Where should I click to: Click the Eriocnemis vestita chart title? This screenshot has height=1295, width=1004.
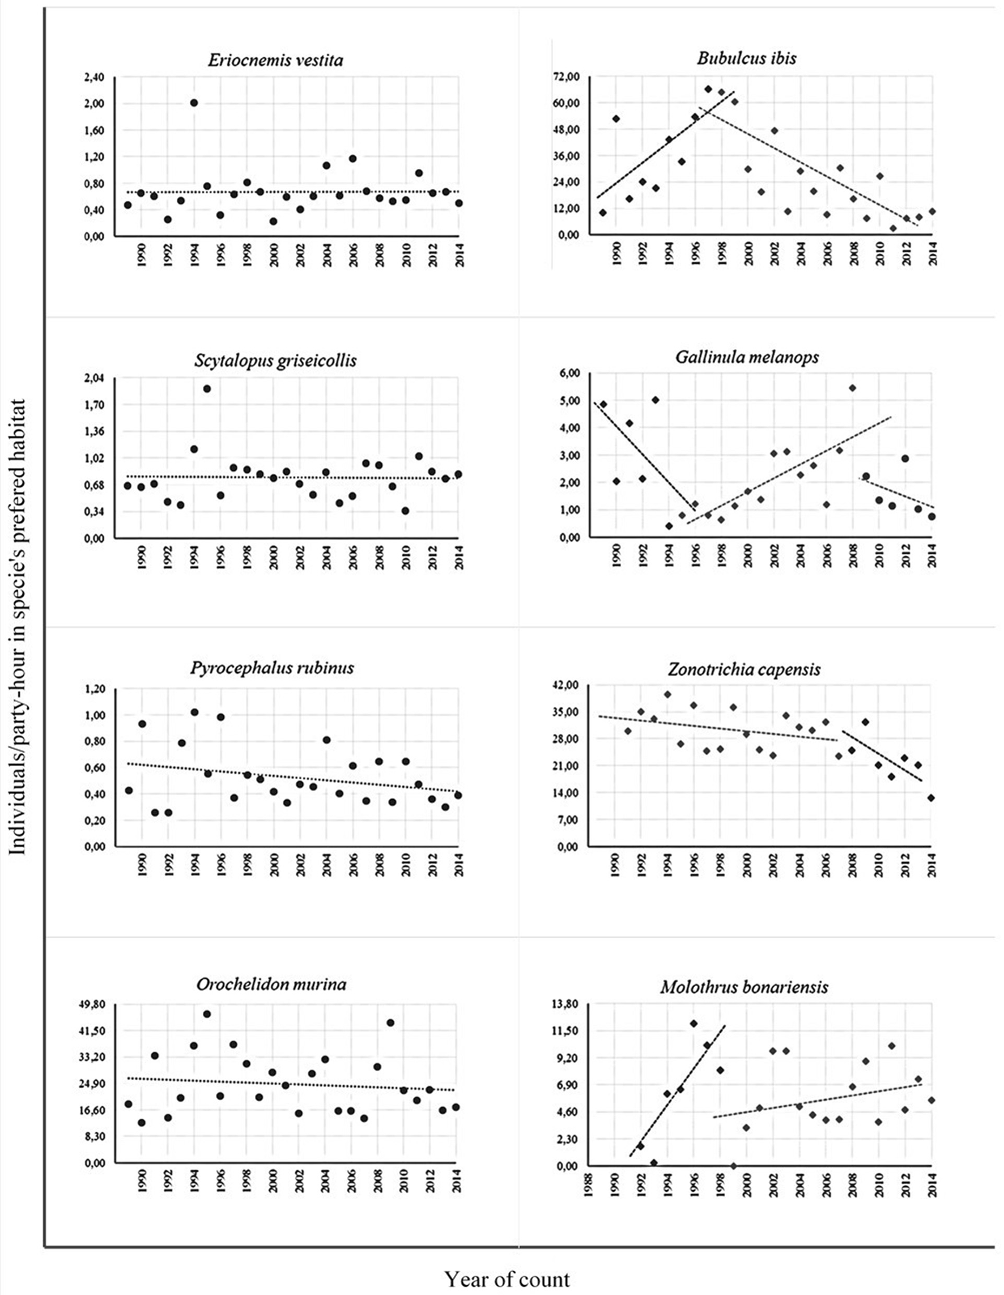[x=275, y=61]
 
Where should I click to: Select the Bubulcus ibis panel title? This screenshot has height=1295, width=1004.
[x=746, y=58]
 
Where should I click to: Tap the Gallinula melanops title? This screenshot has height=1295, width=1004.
[x=747, y=357]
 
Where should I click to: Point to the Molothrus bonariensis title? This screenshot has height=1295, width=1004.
[x=745, y=987]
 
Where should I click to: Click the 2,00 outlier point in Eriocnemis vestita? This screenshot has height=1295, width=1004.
[x=194, y=103]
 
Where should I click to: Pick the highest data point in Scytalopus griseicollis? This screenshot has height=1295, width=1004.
[x=207, y=389]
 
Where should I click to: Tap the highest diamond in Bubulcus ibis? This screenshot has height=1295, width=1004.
[x=708, y=89]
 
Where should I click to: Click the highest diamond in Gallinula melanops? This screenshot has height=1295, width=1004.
[x=852, y=388]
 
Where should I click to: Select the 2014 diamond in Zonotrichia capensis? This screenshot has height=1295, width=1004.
[x=931, y=798]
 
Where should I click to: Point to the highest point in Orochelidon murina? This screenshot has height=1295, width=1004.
[x=207, y=1014]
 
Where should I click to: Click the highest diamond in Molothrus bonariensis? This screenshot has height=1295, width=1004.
[x=694, y=1024]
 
